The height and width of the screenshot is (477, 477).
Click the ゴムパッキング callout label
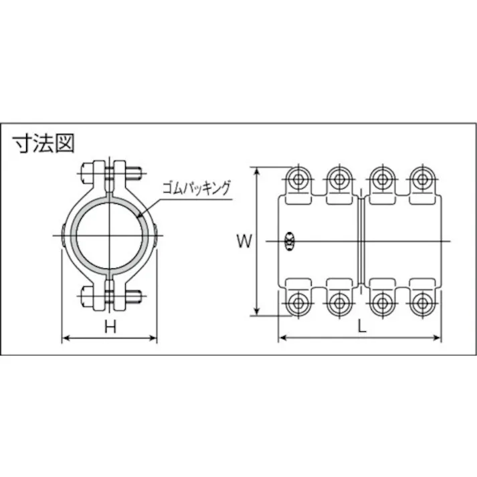[x=196, y=188]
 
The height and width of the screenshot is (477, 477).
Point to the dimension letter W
[x=245, y=242]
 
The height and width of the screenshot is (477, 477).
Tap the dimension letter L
[x=361, y=326]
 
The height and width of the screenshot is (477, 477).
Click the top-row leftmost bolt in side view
[x=296, y=179]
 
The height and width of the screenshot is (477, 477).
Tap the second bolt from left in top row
[x=338, y=179]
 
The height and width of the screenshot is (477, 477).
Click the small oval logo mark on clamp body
[x=290, y=241]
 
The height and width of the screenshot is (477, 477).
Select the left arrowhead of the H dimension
[x=65, y=339]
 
